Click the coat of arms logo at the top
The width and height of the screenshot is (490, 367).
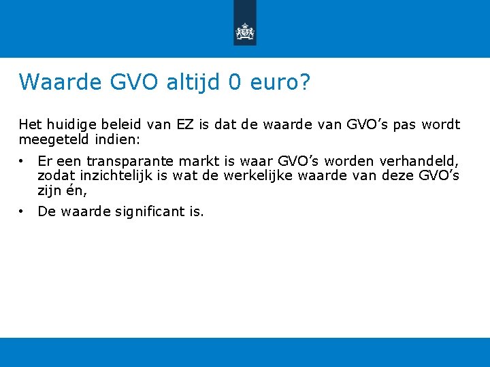244,31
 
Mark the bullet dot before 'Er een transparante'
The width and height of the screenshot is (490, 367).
22,161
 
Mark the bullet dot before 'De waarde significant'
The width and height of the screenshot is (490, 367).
22,211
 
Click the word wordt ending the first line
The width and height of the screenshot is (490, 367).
441,125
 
